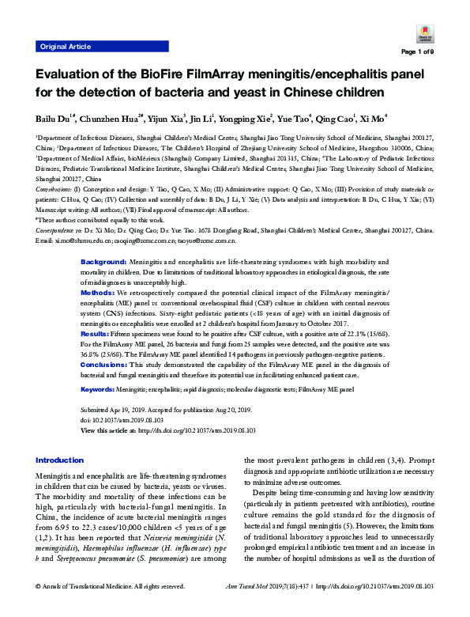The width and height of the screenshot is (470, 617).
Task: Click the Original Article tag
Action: point(63,47)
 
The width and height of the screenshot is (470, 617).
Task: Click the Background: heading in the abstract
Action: point(104,217)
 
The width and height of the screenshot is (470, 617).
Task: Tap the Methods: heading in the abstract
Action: point(99,248)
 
